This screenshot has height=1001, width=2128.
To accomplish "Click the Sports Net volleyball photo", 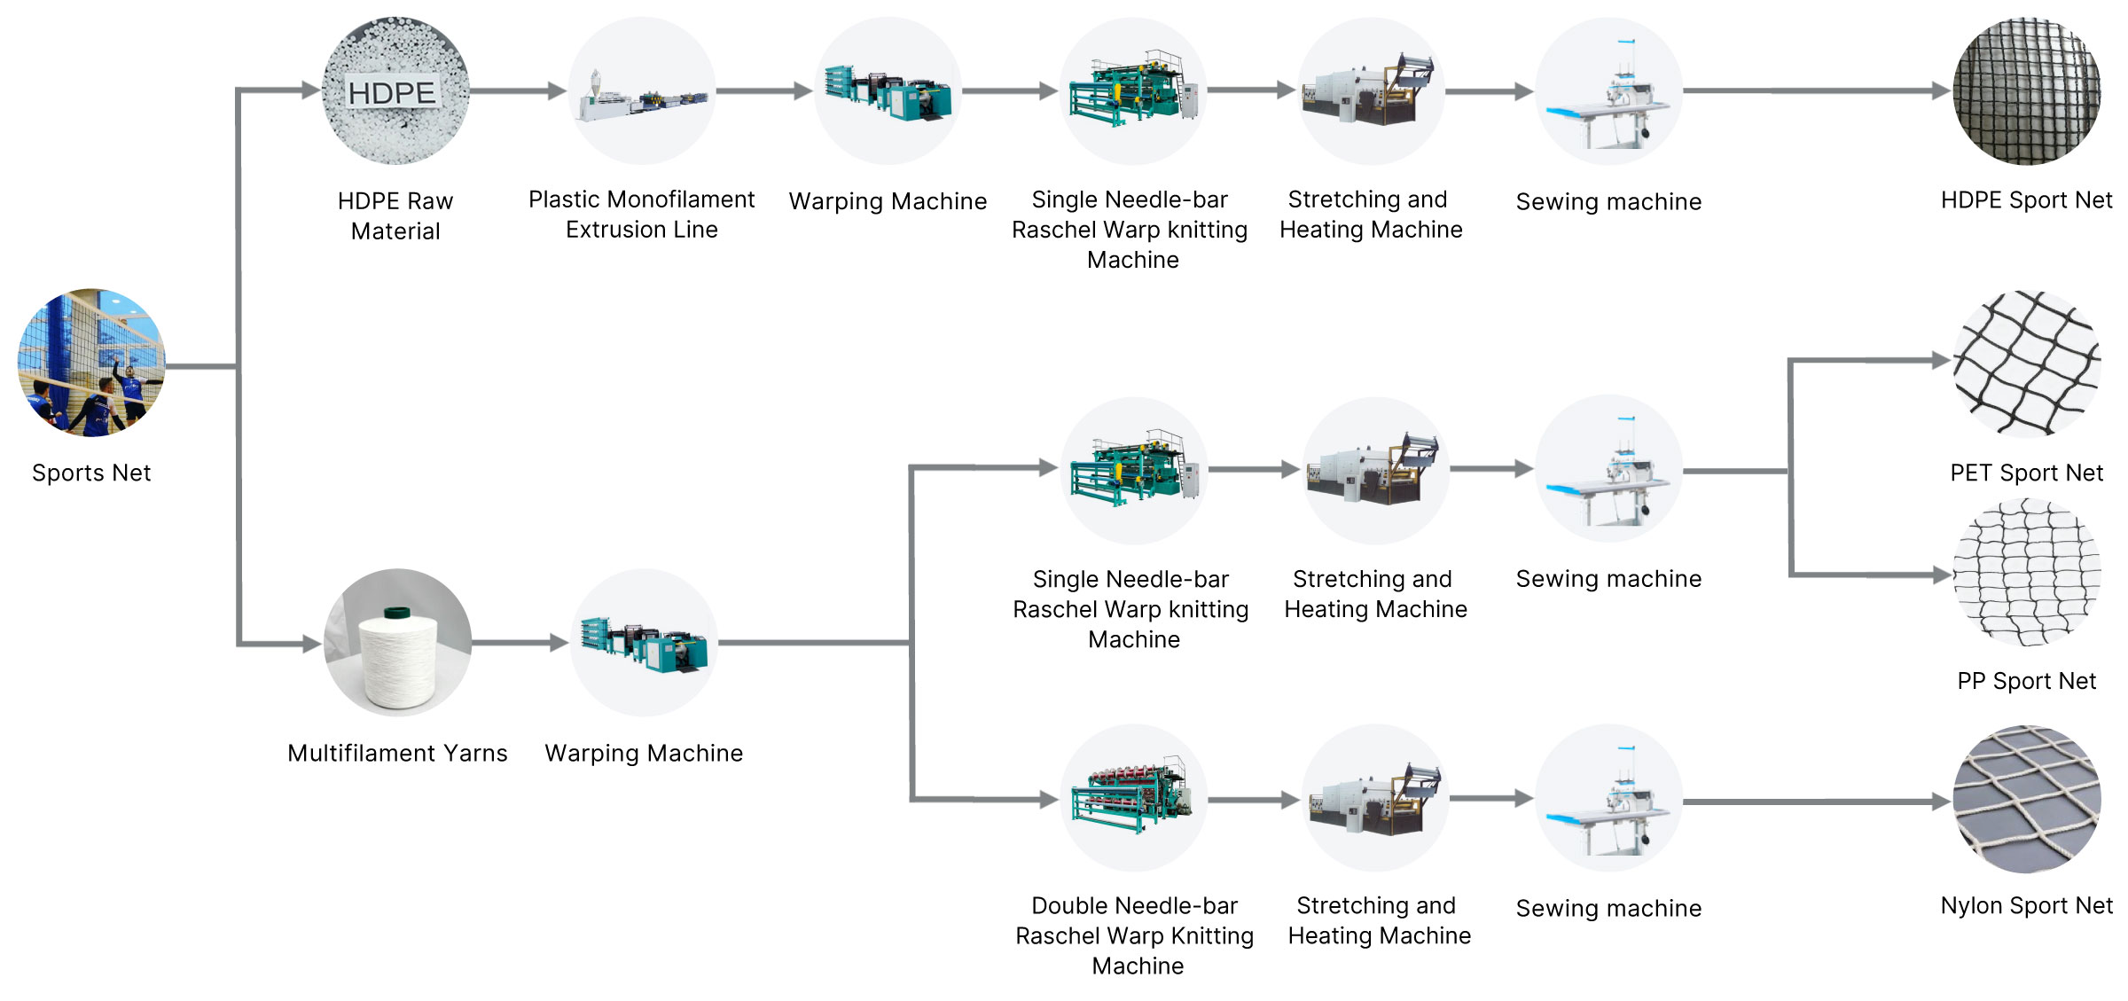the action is click(x=91, y=363).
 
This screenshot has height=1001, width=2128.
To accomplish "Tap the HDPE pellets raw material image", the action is click(x=395, y=90).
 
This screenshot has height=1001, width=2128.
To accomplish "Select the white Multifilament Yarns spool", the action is click(x=397, y=643).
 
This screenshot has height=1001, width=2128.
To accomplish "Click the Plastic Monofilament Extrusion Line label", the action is click(x=641, y=215).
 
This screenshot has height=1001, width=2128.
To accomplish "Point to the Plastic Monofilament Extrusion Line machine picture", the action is click(x=642, y=90).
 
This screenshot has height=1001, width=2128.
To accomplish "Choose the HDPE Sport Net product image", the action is click(x=2027, y=90).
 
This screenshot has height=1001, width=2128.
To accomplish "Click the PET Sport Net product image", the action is click(x=2027, y=364).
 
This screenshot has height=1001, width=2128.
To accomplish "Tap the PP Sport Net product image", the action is click(x=2027, y=572).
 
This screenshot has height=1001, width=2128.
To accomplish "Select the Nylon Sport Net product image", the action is click(x=2027, y=799).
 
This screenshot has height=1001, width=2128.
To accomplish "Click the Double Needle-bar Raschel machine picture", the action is click(x=1134, y=798).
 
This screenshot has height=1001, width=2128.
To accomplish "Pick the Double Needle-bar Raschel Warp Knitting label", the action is click(x=1135, y=935).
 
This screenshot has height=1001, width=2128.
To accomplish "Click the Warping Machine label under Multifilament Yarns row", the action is click(x=644, y=754).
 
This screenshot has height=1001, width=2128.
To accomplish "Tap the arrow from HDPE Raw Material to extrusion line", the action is click(x=518, y=90).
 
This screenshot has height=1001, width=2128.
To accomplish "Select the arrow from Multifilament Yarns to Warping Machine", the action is click(x=520, y=643).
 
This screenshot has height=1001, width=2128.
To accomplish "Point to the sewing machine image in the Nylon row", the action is click(x=1608, y=798).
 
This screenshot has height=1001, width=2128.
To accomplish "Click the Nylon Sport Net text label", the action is click(x=2026, y=906).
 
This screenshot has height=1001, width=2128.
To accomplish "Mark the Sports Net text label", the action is click(x=91, y=473).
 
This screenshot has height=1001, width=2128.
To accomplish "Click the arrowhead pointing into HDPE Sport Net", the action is click(x=1942, y=90).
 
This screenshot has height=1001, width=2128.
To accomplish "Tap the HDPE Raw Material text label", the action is click(x=395, y=216).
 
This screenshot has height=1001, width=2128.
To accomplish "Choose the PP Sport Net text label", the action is click(x=2026, y=682).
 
